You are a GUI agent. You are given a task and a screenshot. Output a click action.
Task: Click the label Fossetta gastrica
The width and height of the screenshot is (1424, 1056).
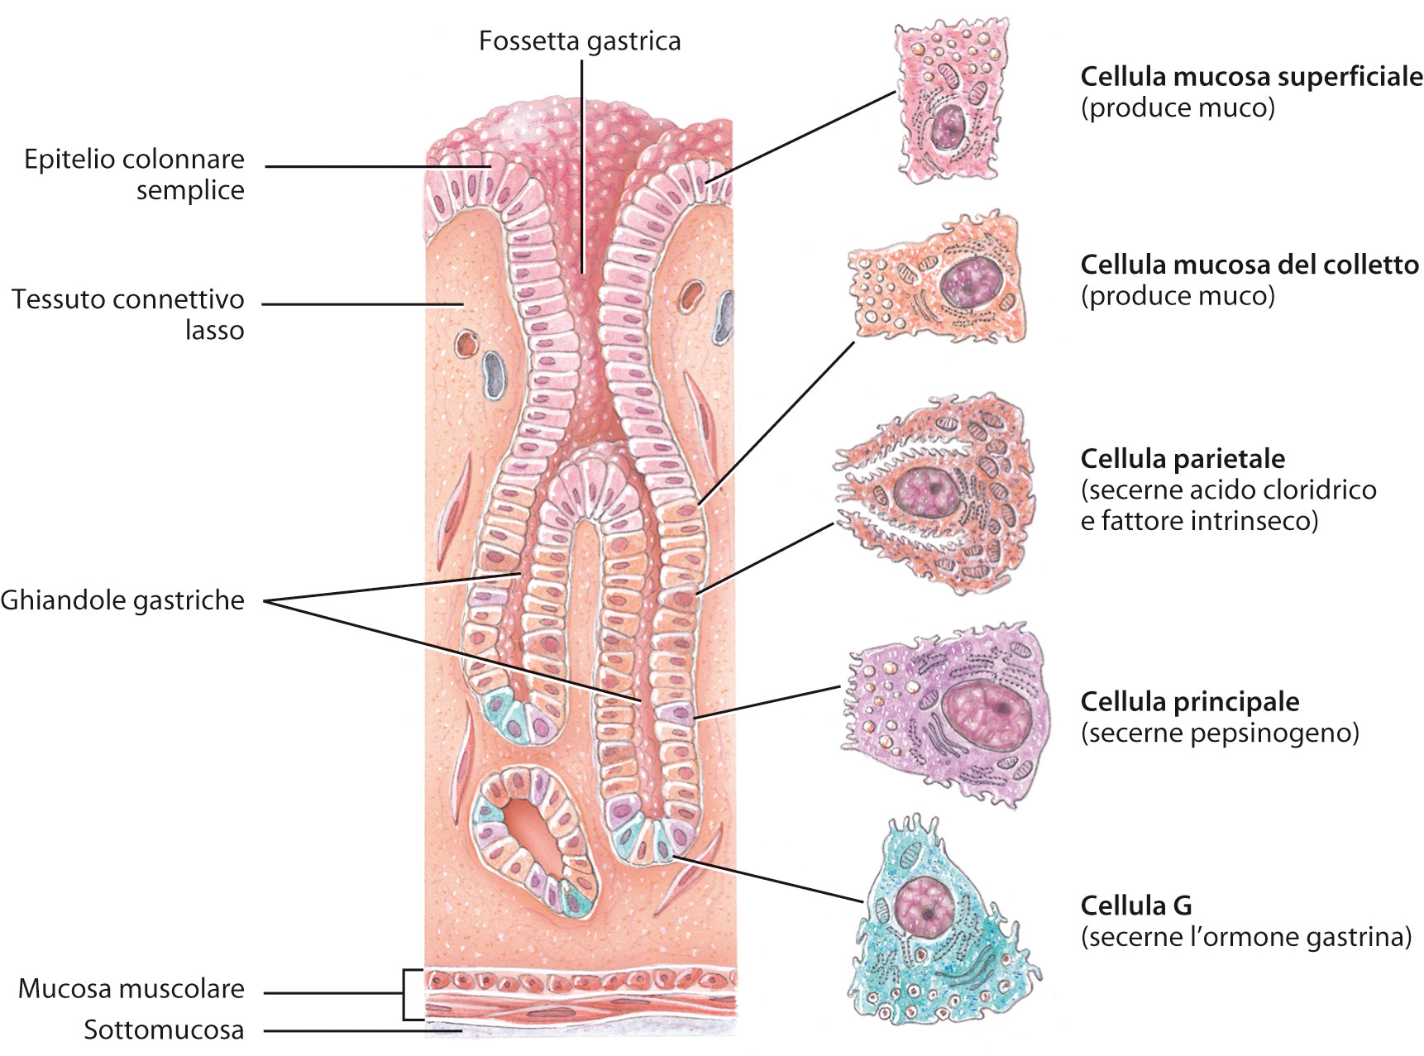pos(580,41)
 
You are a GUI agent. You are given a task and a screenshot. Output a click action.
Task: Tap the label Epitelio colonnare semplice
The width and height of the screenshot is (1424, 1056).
pos(134,174)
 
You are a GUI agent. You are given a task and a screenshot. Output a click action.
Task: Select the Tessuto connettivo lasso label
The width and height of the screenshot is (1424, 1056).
pos(128,314)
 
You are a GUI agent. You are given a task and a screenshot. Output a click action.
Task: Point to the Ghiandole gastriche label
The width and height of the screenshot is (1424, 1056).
pos(122,600)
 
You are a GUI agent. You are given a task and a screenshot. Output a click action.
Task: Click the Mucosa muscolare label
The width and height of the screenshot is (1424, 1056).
pos(131,989)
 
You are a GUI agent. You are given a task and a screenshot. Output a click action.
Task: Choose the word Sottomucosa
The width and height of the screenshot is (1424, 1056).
pos(164,1030)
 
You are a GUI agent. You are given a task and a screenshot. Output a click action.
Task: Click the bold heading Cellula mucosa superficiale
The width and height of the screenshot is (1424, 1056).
pos(1251,77)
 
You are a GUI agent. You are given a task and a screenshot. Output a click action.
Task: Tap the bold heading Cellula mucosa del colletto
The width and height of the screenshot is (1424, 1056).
pos(1249,265)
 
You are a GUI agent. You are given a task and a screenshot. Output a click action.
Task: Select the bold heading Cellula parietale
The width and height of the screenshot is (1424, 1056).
pos(1183,459)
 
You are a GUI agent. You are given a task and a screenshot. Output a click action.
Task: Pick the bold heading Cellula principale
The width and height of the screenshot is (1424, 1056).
pos(1189,702)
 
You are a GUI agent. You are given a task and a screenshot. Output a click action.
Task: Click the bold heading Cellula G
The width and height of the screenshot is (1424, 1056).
pos(1135,906)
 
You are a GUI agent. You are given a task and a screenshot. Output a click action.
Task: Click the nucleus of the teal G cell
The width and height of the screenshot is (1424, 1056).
pos(925,908)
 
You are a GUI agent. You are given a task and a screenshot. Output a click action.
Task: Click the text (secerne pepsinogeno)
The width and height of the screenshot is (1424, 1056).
pos(1220,733)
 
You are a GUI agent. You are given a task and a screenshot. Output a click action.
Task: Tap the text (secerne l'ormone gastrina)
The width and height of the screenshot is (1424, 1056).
pos(1245,938)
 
